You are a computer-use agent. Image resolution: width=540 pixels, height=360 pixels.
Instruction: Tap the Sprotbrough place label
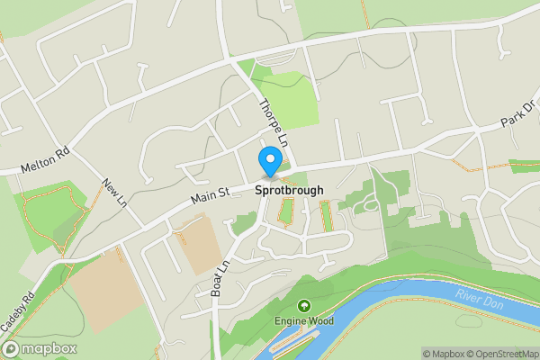(289, 191)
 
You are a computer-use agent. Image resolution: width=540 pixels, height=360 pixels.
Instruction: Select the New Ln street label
(113, 192)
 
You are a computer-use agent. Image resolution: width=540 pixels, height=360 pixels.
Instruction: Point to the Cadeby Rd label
(18, 310)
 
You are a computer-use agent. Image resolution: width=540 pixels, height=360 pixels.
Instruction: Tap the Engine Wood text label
(303, 321)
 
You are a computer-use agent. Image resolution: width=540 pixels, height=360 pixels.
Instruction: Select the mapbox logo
(40, 348)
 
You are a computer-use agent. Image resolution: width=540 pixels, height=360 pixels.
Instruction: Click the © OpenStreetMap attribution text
(499, 354)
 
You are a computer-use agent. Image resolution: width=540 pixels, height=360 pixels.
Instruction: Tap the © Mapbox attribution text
(441, 354)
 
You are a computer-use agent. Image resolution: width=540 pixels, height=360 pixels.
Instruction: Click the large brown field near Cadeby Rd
(103, 288)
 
